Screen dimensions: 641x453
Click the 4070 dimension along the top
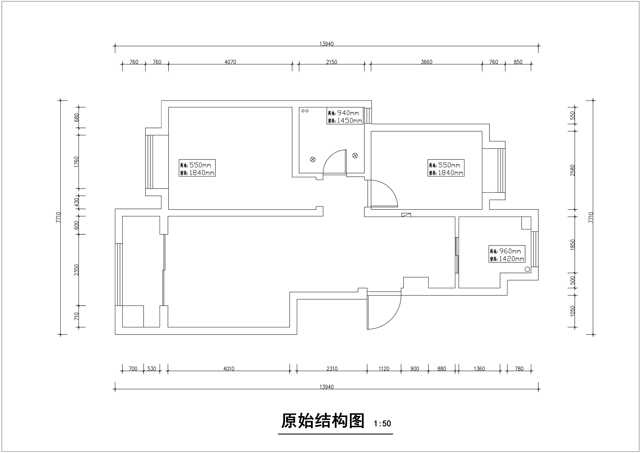pos(230,62)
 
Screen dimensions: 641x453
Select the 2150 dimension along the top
pos(332,62)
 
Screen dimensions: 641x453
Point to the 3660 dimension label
pos(427,62)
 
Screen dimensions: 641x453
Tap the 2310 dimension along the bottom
pos(332,369)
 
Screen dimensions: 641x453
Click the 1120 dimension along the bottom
pos(384,369)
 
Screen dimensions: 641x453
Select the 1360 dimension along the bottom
pos(479,369)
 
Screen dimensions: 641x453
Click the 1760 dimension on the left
pos(77,162)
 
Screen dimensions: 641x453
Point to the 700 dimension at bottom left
pos(133,369)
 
